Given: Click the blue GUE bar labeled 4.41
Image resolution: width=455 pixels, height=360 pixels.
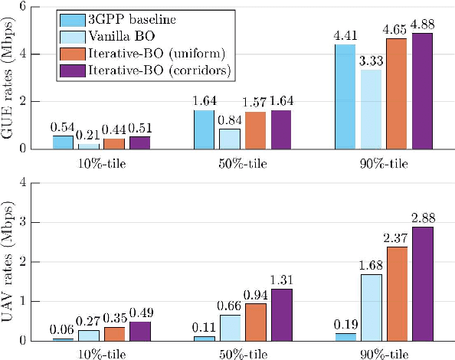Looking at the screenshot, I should point(345,96).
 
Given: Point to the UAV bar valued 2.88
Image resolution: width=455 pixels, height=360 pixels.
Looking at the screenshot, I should point(422,283).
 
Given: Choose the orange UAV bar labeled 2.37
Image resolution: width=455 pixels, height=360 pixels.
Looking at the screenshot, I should point(396,293).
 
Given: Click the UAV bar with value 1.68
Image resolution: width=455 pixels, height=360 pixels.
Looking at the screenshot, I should point(371,307).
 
